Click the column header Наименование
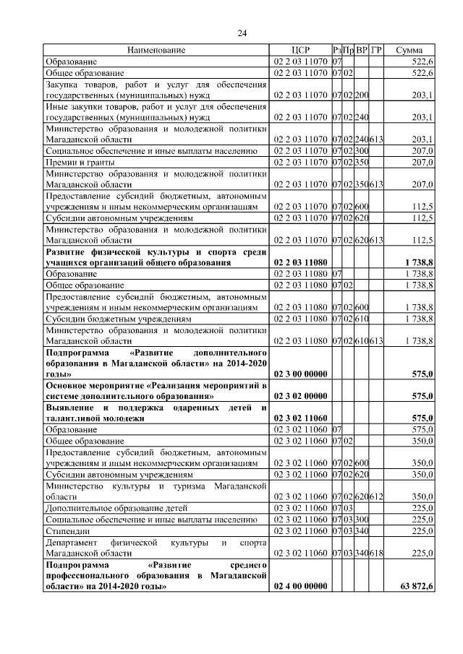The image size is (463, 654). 156,51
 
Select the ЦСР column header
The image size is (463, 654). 300,51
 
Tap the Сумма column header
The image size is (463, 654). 409,51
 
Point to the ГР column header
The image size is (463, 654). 376,51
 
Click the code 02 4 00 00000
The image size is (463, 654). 300,589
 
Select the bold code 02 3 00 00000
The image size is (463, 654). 300,374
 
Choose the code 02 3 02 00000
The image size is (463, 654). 300,397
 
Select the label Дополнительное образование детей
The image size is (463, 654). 106,508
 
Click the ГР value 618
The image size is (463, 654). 376,554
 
